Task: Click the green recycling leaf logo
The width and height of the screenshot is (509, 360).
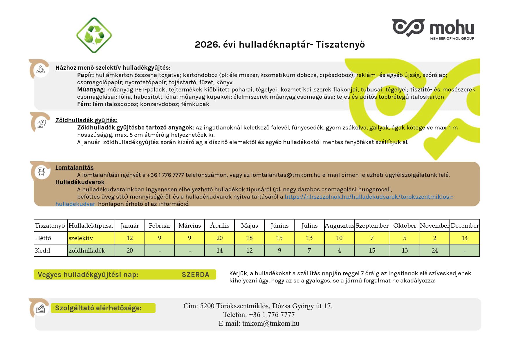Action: tap(94, 35)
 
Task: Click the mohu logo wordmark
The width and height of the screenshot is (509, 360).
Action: tap(452, 28)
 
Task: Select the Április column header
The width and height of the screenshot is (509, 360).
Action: tap(219, 226)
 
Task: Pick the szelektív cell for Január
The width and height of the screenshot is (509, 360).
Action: tap(129, 238)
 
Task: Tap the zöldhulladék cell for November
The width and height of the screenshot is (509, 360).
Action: tap(434, 251)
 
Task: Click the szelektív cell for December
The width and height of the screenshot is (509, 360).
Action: tap(464, 238)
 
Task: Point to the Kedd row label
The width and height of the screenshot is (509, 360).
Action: tap(43, 251)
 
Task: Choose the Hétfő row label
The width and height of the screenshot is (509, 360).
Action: tap(43, 238)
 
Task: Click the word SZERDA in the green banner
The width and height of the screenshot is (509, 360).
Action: tap(195, 275)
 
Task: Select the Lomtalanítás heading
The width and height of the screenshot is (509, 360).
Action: tap(74, 168)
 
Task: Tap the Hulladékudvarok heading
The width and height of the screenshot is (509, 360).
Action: tap(80, 182)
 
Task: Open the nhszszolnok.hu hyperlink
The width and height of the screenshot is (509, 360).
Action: tap(369, 197)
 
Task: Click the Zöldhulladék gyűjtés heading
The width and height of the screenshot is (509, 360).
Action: tap(86, 120)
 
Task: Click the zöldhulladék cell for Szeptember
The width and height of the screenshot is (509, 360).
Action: tap(372, 251)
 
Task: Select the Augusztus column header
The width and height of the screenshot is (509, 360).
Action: tap(339, 226)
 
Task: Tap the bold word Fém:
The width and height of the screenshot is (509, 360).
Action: tap(84, 104)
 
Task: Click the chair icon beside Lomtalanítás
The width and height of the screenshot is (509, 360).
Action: tap(41, 172)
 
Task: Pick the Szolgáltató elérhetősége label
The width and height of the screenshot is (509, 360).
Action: tap(98, 308)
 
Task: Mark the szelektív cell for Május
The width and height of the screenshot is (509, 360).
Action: tap(249, 238)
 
